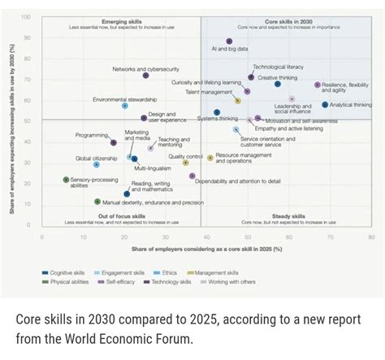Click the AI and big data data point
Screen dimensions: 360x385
click(229, 41)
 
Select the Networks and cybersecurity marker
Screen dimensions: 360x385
click(146, 76)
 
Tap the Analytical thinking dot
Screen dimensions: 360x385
click(325, 105)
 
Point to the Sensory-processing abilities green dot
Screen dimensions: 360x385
click(66, 180)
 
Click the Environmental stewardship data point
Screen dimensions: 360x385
click(125, 106)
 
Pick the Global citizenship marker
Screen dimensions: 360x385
click(96, 165)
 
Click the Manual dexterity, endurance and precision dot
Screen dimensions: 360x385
click(97, 202)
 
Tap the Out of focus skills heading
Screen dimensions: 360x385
click(122, 216)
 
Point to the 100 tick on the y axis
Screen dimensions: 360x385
click(26, 17)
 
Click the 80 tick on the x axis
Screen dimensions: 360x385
click(371, 237)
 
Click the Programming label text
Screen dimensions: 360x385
click(92, 135)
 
